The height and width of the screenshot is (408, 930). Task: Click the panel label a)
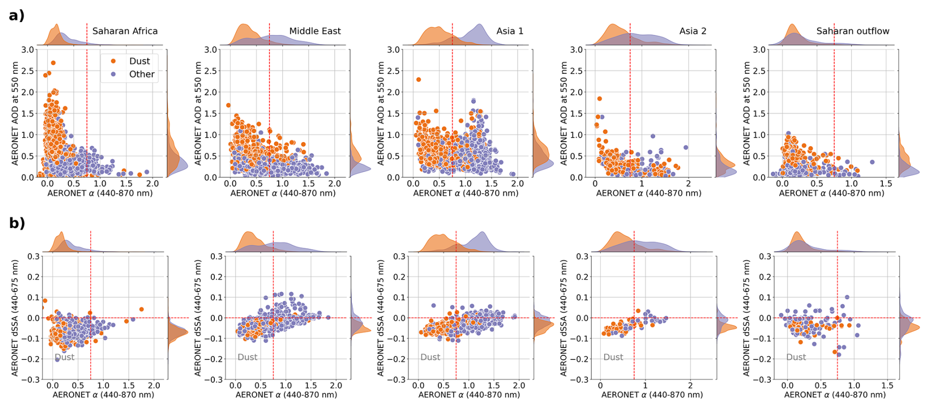coord(16,15)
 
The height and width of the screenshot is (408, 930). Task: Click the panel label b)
coord(16,223)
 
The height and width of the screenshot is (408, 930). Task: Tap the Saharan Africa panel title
coord(125,31)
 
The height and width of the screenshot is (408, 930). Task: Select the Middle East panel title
coord(315,31)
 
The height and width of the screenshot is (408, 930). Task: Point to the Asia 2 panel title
coord(693,31)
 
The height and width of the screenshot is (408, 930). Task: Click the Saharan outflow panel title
coord(853,31)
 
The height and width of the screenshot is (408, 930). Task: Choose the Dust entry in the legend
coord(139,61)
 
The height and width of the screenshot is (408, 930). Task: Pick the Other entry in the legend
coord(142,74)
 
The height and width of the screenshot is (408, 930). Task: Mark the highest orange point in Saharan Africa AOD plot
coord(53,63)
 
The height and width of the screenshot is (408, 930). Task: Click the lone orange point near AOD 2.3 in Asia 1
coord(419,80)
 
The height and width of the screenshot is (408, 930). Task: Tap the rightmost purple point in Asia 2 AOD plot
coord(686,147)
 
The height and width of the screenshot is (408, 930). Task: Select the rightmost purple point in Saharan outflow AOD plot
coord(872,162)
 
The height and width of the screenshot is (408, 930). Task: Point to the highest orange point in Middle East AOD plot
coord(228,105)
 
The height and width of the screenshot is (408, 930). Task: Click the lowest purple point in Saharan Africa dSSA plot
coord(58,359)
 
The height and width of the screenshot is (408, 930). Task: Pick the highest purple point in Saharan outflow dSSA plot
coord(847,297)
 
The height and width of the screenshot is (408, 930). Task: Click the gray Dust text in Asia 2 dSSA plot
coord(613,357)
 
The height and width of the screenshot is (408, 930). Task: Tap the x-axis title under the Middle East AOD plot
coord(283,193)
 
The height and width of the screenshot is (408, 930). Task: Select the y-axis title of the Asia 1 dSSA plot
coord(380,318)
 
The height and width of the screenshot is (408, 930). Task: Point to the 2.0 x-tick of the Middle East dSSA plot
coord(336,386)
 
